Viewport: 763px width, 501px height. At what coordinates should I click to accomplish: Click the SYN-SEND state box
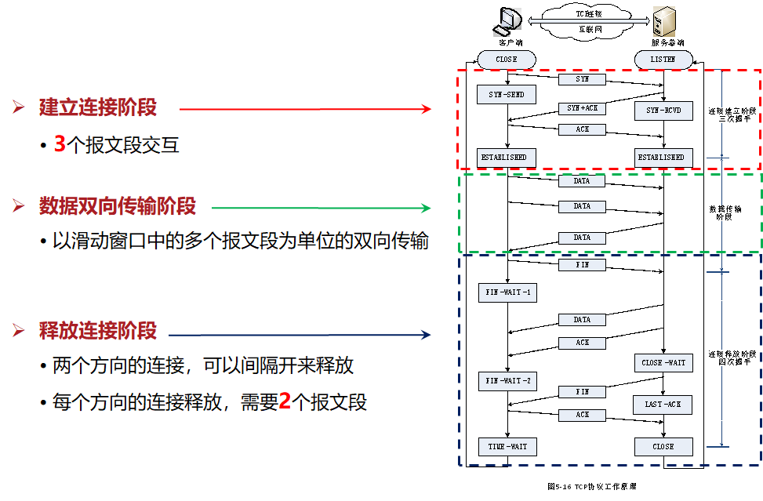point(506,95)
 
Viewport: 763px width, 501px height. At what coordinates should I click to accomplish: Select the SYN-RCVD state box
point(664,111)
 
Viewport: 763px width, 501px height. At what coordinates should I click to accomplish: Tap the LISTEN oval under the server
point(663,60)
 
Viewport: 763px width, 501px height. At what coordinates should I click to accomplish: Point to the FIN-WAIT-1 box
point(506,293)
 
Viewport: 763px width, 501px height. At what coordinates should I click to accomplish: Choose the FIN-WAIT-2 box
point(506,382)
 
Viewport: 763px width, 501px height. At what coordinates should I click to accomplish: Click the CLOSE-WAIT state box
point(663,363)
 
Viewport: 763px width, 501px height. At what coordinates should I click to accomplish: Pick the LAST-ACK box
point(663,404)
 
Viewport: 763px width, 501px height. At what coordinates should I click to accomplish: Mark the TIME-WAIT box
point(506,447)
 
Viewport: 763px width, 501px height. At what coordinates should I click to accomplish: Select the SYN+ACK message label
point(582,108)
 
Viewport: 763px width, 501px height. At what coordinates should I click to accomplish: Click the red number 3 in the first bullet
point(60,145)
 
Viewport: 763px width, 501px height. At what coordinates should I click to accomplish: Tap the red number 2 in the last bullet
point(285,403)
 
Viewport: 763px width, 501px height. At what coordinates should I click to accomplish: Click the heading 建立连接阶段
point(98,108)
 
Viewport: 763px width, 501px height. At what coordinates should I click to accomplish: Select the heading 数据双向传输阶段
point(118,207)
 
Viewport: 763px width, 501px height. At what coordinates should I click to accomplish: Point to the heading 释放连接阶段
point(98,330)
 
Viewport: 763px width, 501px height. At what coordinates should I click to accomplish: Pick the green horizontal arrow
point(322,208)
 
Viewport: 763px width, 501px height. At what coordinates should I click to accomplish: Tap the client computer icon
point(507,22)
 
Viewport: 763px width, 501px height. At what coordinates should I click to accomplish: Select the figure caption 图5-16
point(591,487)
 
